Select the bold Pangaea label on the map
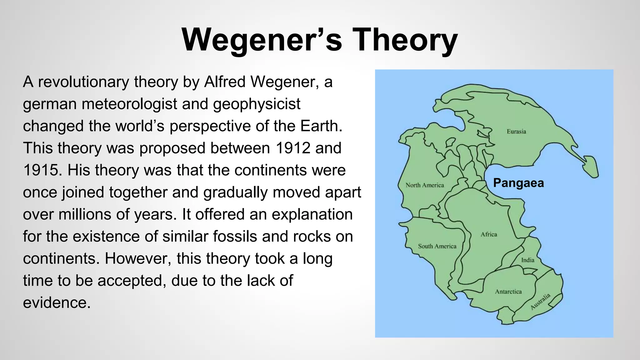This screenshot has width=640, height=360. point(518,183)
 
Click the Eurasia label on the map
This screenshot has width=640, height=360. point(516,132)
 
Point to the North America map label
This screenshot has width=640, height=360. point(425,185)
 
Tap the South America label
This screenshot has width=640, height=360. point(437,246)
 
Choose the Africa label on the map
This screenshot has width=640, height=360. point(489,234)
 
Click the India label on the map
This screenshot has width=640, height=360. point(527,260)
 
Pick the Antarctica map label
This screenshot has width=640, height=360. point(508,292)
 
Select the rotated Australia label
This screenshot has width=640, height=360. point(540,302)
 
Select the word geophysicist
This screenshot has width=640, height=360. point(257,104)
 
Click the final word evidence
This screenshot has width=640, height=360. point(57,303)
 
